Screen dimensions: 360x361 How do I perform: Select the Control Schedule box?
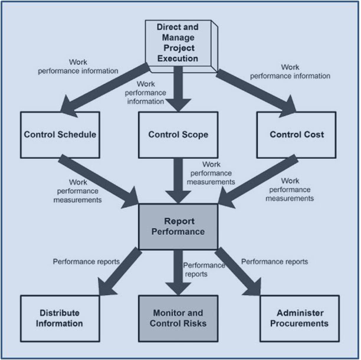coord(60,135)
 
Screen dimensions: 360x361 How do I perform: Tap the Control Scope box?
coord(178,135)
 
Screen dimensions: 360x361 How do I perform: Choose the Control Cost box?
coord(296,135)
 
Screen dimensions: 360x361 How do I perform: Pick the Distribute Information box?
coord(60,318)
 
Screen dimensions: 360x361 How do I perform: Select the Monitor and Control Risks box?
coord(178,318)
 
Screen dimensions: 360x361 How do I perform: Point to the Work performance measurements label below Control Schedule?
coord(77,191)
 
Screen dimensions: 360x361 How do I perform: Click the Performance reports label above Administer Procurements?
coord(274,261)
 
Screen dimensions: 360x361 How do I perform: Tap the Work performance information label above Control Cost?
coord(297,71)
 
